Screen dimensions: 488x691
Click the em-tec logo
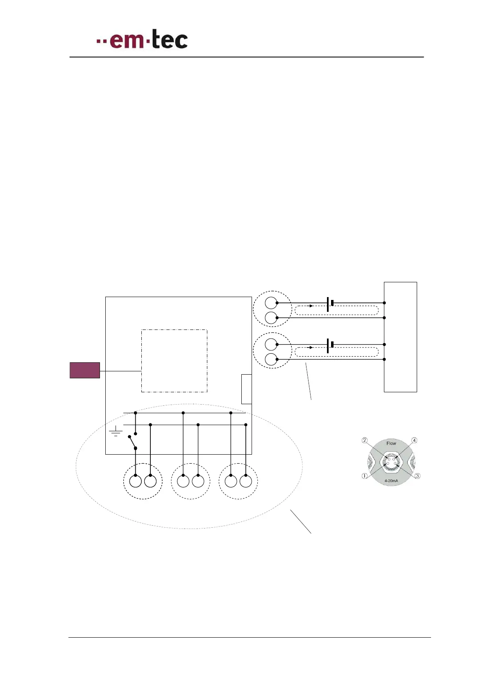click(142, 40)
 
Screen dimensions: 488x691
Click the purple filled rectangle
click(85, 370)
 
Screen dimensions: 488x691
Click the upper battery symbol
click(330, 303)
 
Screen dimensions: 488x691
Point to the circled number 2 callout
click(365, 441)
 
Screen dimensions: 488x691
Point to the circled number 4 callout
click(414, 440)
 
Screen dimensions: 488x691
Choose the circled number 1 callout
click(364, 476)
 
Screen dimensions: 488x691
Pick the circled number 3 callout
click(417, 476)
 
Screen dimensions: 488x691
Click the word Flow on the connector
click(391, 443)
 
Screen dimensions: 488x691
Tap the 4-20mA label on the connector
click(391, 480)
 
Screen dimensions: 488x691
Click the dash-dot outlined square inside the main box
click(174, 361)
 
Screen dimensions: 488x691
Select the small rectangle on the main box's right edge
click(246, 389)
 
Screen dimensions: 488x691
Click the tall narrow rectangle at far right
click(400, 337)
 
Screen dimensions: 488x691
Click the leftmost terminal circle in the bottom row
click(136, 481)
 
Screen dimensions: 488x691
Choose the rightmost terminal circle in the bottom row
click(246, 481)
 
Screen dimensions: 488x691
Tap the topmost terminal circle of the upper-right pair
click(271, 303)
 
